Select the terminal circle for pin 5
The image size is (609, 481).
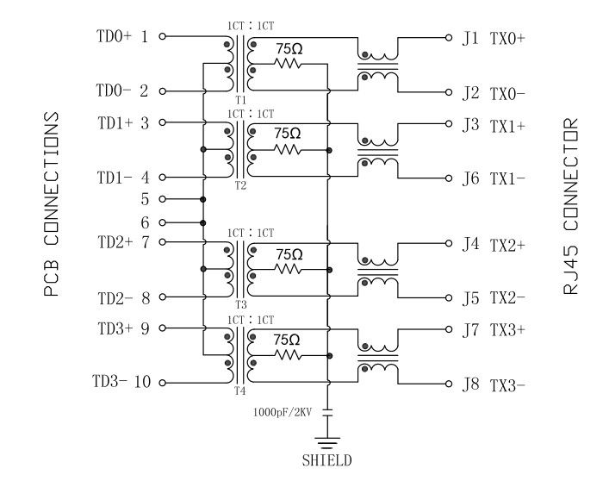point(163,199)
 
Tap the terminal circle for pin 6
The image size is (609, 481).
point(163,222)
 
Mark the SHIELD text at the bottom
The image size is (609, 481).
point(326,460)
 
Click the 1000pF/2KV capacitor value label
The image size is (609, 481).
point(283,412)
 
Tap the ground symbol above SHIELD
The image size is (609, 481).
point(326,439)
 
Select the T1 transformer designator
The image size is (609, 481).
point(240,101)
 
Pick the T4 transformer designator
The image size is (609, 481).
point(240,392)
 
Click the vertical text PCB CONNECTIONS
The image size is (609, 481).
point(52,203)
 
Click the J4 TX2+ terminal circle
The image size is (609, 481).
point(448,244)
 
